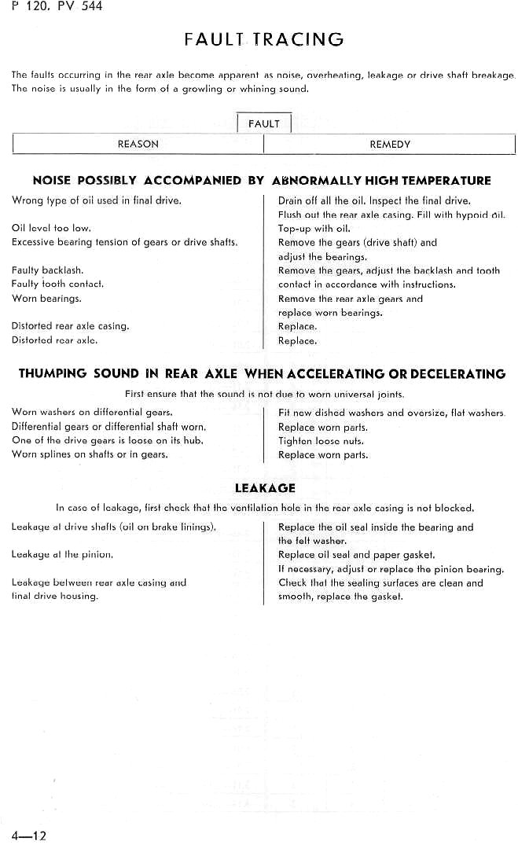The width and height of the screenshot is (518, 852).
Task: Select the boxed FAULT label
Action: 263,123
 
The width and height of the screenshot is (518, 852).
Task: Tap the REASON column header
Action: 138,144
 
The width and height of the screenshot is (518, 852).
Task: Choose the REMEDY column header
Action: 390,144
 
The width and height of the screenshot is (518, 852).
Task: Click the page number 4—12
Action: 29,835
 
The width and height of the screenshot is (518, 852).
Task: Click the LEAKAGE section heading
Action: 265,488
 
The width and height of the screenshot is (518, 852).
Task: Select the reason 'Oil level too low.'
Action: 51,228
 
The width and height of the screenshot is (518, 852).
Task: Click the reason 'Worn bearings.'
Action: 46,299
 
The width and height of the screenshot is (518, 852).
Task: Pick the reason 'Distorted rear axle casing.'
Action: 70,325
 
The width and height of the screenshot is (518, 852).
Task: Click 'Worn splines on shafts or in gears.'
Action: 90,454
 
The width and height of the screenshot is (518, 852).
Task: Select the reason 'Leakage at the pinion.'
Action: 62,554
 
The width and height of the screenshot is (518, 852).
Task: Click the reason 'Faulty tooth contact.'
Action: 57,284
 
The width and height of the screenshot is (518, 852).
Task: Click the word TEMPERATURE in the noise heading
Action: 446,181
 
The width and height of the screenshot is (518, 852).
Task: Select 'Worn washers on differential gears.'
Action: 92,412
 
